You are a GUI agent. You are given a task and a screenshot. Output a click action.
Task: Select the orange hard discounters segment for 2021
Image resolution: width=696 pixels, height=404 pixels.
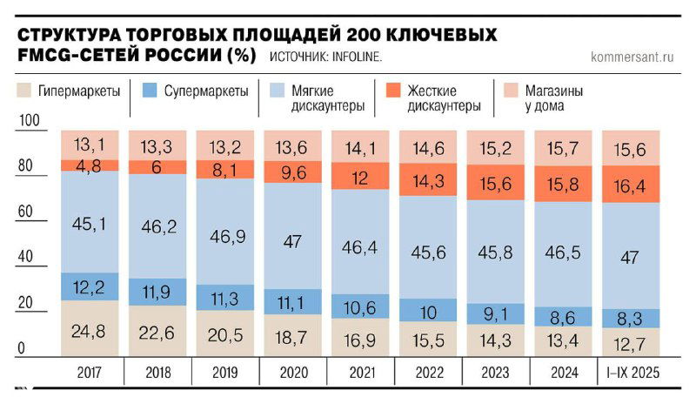point(359,176)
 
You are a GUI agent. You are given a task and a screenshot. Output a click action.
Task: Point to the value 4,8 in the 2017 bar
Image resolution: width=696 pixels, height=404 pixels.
point(89,165)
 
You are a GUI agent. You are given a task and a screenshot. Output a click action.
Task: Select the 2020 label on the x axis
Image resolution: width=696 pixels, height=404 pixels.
point(291,374)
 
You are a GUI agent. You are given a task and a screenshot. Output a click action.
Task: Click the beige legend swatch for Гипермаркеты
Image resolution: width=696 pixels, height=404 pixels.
point(24,90)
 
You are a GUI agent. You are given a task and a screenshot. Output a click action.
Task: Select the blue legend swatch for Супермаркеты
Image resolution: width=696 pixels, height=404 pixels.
point(148,90)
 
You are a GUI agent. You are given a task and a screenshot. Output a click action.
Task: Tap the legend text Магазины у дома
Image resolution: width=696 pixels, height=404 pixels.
point(552,98)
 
